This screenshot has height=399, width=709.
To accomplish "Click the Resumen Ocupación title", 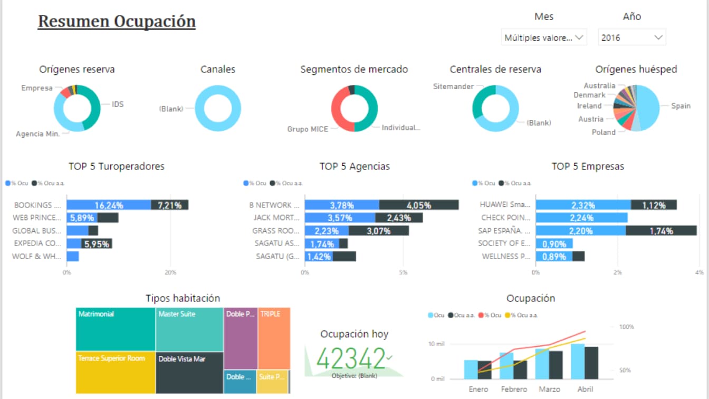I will [x=117, y=22].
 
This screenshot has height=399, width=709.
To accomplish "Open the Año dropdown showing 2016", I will [x=632, y=37].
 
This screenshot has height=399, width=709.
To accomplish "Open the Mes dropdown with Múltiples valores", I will [x=543, y=37].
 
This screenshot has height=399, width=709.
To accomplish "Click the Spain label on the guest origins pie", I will [x=681, y=106].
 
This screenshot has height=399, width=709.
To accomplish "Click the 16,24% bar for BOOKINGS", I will [x=109, y=205].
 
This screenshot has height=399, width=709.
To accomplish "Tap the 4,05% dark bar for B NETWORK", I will [x=419, y=205].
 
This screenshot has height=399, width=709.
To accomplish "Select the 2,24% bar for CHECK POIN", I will [x=581, y=217].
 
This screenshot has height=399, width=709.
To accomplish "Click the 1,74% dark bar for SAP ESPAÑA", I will [x=661, y=231].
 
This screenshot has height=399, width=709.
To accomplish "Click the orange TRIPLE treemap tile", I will [x=274, y=338].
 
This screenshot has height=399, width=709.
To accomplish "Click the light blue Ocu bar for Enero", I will [x=471, y=369].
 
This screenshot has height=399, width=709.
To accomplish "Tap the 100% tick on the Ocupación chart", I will [x=626, y=327].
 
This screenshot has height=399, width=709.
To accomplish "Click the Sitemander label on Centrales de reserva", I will [x=453, y=86].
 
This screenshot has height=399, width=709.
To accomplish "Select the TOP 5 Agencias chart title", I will [x=354, y=166].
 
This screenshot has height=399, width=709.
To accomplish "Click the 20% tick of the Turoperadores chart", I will [x=170, y=272].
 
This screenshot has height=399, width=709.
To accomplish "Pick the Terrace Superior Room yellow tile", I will [x=116, y=372].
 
